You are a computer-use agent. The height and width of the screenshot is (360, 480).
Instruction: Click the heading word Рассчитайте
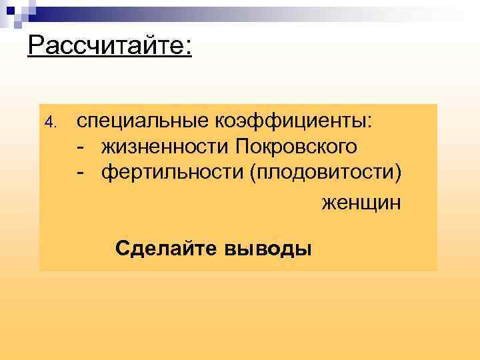pyautogui.click(x=107, y=47)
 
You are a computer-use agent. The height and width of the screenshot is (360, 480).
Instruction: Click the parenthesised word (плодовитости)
pyautogui.click(x=326, y=173)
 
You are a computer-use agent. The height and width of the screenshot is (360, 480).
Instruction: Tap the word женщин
pyautogui.click(x=362, y=201)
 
